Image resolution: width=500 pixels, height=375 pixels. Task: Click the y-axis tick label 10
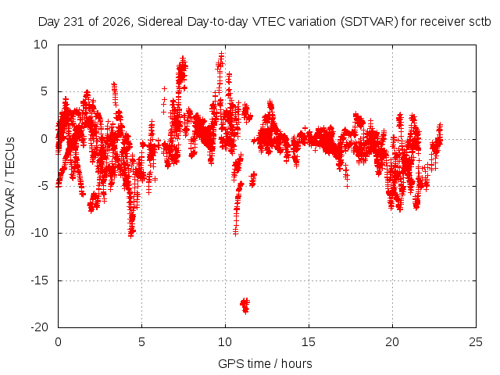pyautogui.click(x=41, y=45)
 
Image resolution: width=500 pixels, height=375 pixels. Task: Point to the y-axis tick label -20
pyautogui.click(x=40, y=327)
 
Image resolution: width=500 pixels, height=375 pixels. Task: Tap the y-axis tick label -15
pyautogui.click(x=40, y=280)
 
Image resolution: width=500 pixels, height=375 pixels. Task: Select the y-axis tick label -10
pyautogui.click(x=40, y=233)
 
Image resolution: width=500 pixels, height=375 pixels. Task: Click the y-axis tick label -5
pyautogui.click(x=42, y=186)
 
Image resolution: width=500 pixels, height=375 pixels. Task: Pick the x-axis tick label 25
pyautogui.click(x=476, y=342)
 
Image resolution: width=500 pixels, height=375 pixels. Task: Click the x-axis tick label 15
pyautogui.click(x=309, y=342)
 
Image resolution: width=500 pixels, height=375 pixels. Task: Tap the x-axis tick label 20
pyautogui.click(x=392, y=342)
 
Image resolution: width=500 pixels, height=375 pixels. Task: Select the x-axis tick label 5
pyautogui.click(x=141, y=342)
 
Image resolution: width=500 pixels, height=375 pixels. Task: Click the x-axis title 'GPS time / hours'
pyautogui.click(x=265, y=363)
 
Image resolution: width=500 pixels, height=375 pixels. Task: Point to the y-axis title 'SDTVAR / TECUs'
pyautogui.click(x=10, y=187)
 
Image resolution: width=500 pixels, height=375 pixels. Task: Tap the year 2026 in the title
pyautogui.click(x=116, y=22)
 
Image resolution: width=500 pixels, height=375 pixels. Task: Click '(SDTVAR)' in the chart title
pyautogui.click(x=370, y=22)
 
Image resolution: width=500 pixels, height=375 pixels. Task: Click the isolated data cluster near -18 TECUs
pyautogui.click(x=245, y=306)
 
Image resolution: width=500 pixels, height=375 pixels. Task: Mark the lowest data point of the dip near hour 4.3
pyautogui.click(x=130, y=236)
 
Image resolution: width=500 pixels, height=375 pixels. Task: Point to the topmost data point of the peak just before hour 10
pyautogui.click(x=221, y=54)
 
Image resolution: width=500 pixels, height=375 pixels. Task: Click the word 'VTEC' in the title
pyautogui.click(x=269, y=22)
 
